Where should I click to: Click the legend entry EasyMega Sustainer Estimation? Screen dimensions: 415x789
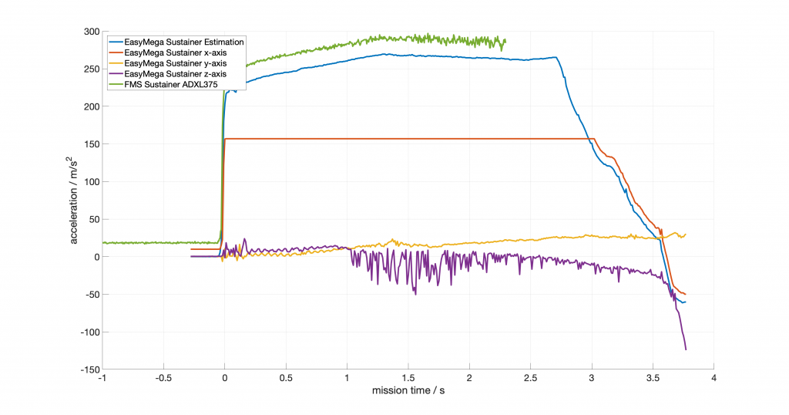click(183, 42)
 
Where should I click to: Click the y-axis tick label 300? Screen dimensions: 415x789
click(91, 32)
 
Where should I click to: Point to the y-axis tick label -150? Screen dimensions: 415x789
click(89, 369)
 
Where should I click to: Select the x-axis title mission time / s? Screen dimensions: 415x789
click(408, 392)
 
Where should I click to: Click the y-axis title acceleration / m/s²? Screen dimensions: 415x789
click(75, 201)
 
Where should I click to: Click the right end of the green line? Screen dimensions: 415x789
click(505, 40)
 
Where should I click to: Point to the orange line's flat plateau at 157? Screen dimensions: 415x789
click(408, 139)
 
